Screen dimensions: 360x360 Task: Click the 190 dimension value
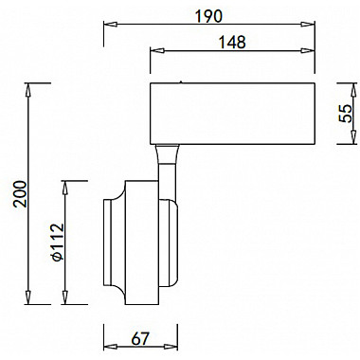[x=208, y=16]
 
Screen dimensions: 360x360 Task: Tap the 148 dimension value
[x=232, y=42]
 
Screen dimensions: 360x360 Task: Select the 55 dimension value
[x=346, y=113]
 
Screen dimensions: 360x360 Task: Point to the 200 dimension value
[x=20, y=193]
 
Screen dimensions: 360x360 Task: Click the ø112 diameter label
[x=58, y=243]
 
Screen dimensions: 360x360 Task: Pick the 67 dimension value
[x=140, y=339]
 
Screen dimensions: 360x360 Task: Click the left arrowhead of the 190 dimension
[x=111, y=25]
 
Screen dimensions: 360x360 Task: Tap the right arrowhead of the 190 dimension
[x=308, y=25]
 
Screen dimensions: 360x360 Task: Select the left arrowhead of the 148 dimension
[x=157, y=50]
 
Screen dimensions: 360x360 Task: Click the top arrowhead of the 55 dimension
[x=353, y=90]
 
